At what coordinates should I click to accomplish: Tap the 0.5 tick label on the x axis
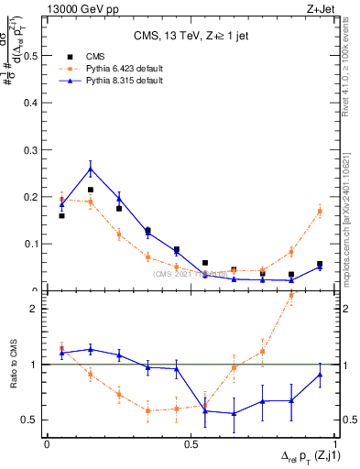191,444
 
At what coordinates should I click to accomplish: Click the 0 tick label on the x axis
47,444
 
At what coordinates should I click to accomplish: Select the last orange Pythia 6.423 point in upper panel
320,211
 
